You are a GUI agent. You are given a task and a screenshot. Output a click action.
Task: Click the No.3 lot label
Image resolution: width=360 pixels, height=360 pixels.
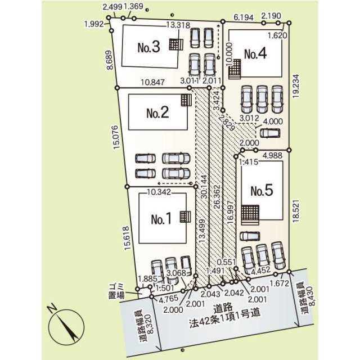[148, 47]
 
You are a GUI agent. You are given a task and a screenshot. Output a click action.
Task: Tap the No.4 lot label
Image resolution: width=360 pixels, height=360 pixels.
[255, 53]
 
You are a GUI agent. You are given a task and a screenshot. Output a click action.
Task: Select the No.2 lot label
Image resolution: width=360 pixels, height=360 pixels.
[157, 112]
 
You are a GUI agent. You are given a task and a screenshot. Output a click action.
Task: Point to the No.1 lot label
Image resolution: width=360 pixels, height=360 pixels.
[161, 219]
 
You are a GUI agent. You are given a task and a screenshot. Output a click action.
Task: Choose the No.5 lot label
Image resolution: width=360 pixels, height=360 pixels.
[262, 191]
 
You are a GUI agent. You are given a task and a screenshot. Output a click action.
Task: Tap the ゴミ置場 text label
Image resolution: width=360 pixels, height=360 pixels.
[116, 291]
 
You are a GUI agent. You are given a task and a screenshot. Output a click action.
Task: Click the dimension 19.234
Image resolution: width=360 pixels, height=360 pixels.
[296, 86]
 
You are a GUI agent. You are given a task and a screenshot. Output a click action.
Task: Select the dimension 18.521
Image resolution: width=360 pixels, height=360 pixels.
[296, 210]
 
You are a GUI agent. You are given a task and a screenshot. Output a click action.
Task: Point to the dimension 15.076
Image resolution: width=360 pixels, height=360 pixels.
[116, 137]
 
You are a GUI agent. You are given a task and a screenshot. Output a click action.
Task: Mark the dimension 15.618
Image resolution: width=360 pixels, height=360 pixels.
[127, 238]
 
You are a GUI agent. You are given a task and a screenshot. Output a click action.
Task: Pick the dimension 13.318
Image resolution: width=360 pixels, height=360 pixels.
[178, 25]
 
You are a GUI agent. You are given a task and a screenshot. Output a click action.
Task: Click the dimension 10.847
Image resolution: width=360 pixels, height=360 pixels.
[152, 82]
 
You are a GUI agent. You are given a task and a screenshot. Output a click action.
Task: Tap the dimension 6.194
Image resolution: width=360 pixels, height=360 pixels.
[244, 17]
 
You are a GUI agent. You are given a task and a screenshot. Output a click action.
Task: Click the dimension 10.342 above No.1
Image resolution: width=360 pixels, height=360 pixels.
[159, 192]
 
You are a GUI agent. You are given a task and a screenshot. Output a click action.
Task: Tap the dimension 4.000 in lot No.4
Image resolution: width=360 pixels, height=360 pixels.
[273, 121]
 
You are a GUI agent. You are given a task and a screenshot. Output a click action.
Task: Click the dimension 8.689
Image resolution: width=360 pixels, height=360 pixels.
[110, 60]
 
